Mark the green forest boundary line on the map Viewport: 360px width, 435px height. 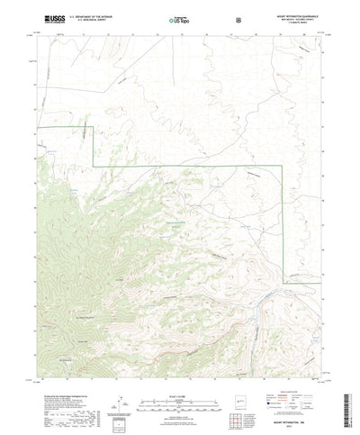tap(180, 168)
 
